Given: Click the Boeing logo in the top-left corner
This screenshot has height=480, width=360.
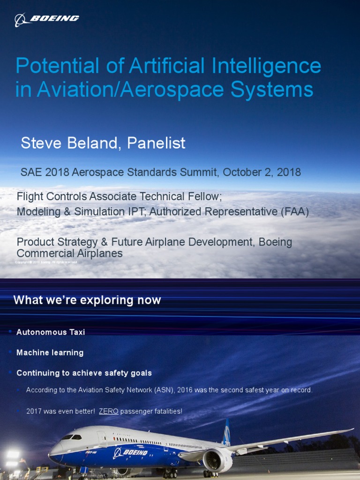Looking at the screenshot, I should coord(46,19).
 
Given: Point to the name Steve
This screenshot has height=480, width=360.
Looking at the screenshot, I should coord(41,143).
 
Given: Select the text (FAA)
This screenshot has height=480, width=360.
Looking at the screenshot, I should coord(294,212).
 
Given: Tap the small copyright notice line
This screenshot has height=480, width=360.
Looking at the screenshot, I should coord(47,262).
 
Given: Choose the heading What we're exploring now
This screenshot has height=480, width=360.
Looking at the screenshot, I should coord(87,300).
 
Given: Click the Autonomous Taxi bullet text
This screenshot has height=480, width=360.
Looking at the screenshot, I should coord(51,332).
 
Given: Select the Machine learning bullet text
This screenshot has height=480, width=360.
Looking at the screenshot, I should coord(50,352).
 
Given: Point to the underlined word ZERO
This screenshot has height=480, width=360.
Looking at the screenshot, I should coord(108,412).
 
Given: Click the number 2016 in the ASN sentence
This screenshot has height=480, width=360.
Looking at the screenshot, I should coord(193,390).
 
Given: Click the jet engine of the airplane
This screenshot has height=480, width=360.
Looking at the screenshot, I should coord(217,460).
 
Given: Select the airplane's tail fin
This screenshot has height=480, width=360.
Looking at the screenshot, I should coord(227,432).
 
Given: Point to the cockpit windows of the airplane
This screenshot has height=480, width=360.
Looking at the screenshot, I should coord(71,437).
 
